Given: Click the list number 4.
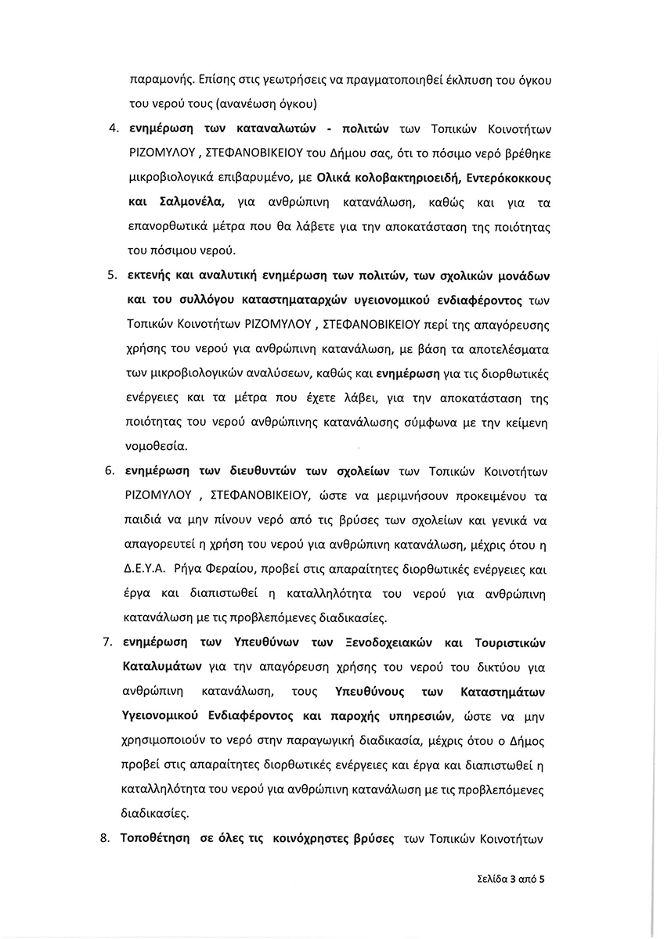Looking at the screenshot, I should [111, 128].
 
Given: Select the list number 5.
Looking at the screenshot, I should [111, 276].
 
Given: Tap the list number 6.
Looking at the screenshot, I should [111, 472].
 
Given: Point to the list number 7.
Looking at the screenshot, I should [111, 643].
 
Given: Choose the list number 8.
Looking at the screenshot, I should [111, 838].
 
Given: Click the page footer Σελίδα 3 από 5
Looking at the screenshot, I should [509, 878].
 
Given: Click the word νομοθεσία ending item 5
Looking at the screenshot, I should [155, 447].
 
